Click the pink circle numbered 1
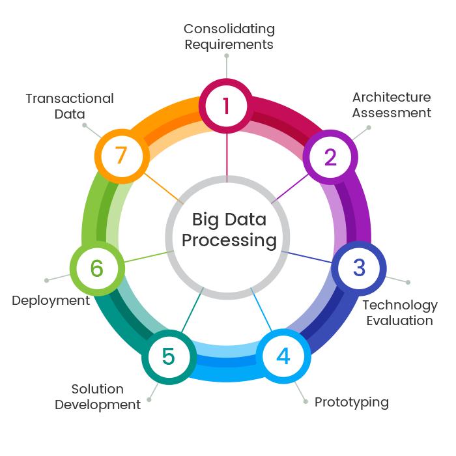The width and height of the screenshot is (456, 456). (x=226, y=105)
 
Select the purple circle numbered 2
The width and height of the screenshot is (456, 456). (x=330, y=157)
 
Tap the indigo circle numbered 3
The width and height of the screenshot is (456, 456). (x=359, y=268)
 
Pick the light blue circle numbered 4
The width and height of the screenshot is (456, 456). (x=283, y=356)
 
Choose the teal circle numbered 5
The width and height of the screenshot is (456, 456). (x=168, y=356)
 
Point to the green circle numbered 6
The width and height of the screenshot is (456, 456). (x=96, y=268)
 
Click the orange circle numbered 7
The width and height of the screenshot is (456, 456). (x=120, y=157)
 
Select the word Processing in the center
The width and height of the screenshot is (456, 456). (x=229, y=240)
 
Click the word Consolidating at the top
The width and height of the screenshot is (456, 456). (x=229, y=29)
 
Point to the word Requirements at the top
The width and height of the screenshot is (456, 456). (x=229, y=44)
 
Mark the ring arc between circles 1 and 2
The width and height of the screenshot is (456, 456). (x=282, y=117)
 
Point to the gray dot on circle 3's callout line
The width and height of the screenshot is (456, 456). (x=408, y=282)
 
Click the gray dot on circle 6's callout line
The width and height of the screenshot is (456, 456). (x=46, y=281)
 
